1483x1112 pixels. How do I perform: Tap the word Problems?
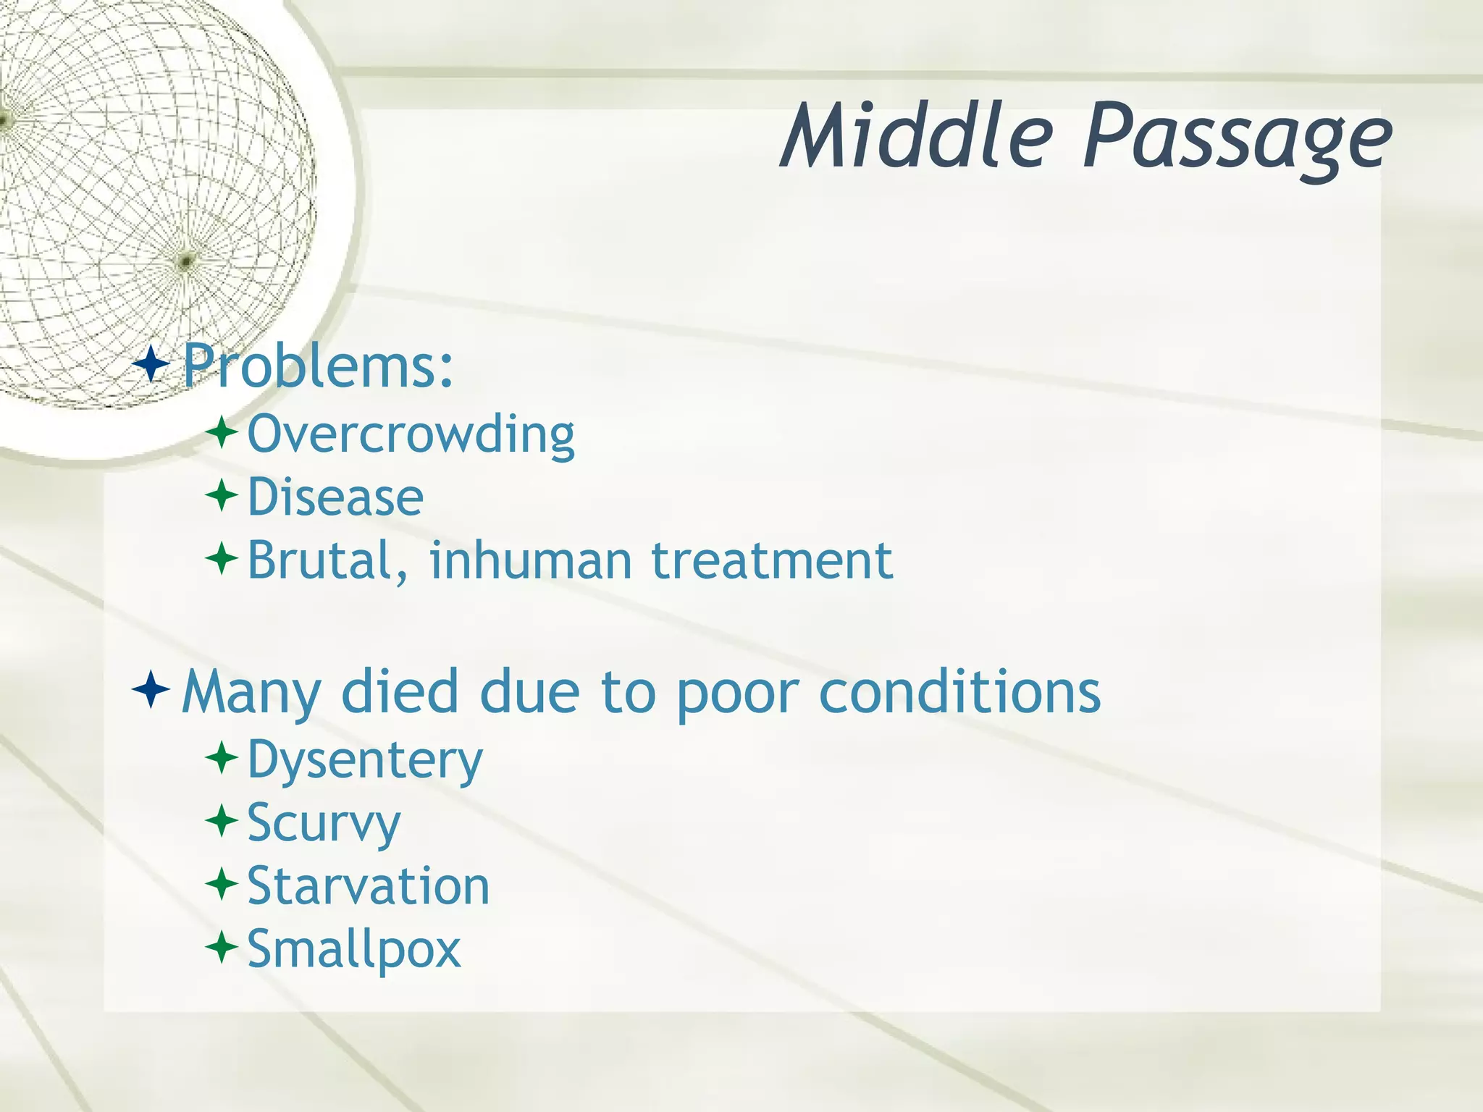tap(318, 366)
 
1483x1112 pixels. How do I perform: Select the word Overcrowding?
tap(411, 434)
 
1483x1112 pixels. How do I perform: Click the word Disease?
tap(335, 497)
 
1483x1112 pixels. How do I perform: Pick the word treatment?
tap(772, 560)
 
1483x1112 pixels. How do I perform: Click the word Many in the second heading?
tap(251, 692)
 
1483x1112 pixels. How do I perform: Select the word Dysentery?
tap(365, 761)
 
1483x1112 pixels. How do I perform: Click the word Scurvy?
tap(324, 824)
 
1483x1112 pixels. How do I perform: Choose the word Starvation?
tap(369, 886)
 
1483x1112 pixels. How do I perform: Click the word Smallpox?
tap(353, 949)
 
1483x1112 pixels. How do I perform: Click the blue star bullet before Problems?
tap(151, 364)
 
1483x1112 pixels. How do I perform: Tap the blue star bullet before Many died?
tap(151, 689)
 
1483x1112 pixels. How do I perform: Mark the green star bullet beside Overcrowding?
tap(222, 433)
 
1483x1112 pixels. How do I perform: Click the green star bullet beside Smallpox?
tap(222, 946)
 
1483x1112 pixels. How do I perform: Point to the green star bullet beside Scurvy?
tap(222, 821)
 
